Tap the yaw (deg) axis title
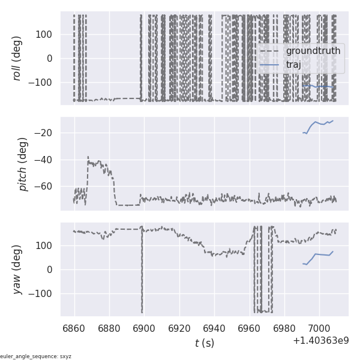pos(17,269)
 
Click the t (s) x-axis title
pos(204,343)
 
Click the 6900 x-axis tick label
pos(144,328)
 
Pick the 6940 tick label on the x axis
pos(214,328)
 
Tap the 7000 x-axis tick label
pos(318,328)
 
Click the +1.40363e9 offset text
pos(320,341)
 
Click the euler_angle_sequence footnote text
pos(36,356)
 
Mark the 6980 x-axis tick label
pos(283,328)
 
